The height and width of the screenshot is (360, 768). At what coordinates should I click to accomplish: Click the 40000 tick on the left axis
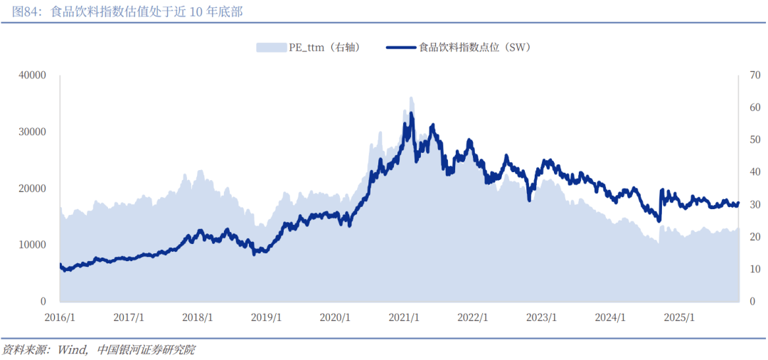33,75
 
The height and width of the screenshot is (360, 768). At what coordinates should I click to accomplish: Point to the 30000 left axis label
33,132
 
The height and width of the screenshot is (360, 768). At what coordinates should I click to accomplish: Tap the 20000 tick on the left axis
33,189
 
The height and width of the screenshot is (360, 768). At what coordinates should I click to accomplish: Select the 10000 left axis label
33,245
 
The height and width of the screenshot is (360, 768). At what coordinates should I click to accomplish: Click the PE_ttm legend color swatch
270,48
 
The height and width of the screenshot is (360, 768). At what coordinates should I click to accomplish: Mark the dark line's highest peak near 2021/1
411,113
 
